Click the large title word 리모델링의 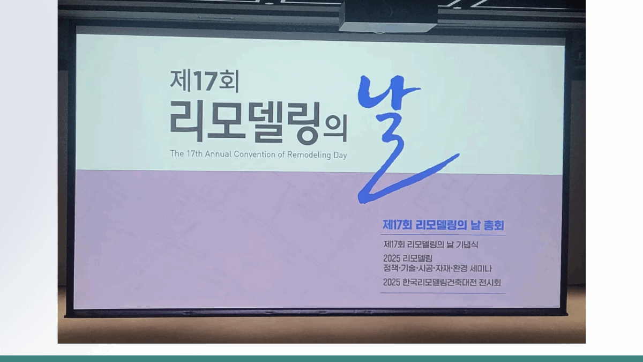pos(258,122)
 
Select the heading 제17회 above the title pos(205,81)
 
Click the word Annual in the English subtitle pos(218,154)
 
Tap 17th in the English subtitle pos(195,154)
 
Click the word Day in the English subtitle pos(340,156)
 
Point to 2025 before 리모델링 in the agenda pos(392,258)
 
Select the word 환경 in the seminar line pos(460,269)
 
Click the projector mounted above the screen pos(388,16)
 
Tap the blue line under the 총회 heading pos(444,235)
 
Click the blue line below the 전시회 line pos(443,293)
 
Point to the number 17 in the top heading pos(205,82)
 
